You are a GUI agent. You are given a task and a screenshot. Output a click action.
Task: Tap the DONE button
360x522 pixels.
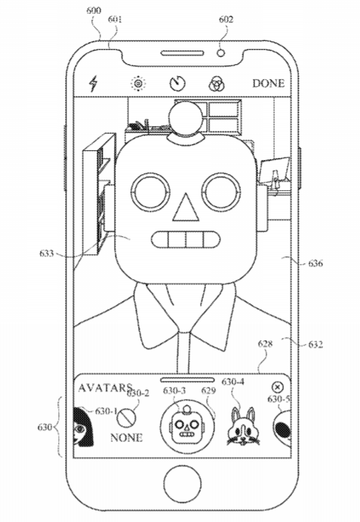[269, 83]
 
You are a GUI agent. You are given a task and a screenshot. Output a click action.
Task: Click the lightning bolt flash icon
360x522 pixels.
[94, 83]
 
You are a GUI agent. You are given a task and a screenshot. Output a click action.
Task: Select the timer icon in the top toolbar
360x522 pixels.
[178, 84]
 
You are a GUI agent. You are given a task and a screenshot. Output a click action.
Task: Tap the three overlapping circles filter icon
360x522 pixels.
[217, 84]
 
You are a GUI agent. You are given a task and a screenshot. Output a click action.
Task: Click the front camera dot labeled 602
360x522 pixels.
[221, 53]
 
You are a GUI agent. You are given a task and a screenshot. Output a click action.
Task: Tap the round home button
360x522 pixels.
[183, 483]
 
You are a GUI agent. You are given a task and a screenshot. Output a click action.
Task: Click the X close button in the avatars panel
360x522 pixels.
[278, 387]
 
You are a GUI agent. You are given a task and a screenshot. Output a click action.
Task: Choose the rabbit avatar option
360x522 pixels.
[242, 426]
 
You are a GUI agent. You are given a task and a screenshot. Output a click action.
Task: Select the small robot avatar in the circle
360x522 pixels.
[187, 424]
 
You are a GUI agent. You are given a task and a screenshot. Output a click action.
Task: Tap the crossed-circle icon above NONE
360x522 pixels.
[127, 417]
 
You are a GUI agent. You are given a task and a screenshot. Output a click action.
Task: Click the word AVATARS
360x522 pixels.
[105, 388]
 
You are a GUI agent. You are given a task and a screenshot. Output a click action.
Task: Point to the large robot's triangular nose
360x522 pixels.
[186, 208]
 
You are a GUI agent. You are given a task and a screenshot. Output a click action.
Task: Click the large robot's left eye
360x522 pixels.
[150, 192]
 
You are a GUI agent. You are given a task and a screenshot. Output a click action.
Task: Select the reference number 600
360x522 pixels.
[94, 11]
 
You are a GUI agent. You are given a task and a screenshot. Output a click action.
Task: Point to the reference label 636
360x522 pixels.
[315, 263]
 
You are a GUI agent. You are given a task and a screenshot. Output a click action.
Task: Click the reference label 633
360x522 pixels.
[46, 253]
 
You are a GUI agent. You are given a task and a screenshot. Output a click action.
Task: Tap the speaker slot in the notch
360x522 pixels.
[183, 54]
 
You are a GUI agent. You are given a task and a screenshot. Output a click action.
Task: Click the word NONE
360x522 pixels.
[127, 438]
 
